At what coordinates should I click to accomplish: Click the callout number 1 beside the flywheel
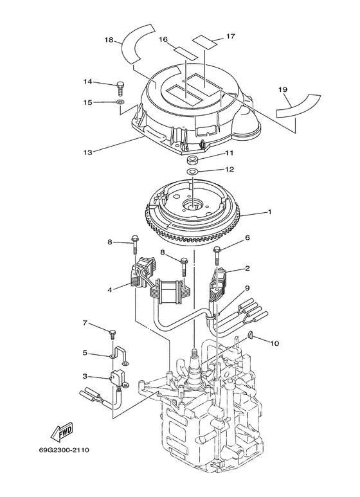[x=270, y=212]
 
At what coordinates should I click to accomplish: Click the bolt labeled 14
[x=120, y=85]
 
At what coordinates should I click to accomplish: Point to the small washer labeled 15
[x=120, y=102]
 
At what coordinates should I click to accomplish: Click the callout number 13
[x=87, y=152]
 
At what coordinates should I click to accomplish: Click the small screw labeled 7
[x=113, y=332]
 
